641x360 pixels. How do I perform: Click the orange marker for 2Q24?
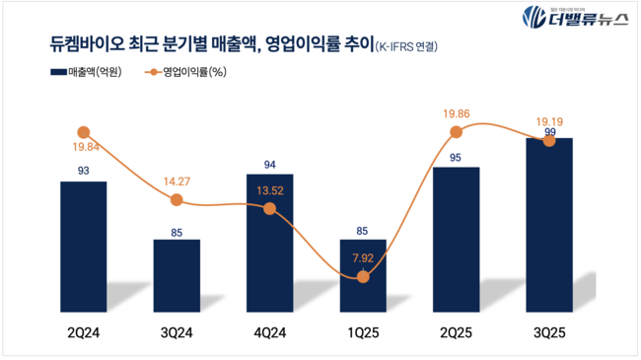tap(83, 132)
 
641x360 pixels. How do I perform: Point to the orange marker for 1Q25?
tap(363, 277)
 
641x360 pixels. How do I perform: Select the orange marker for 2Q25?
tap(456, 132)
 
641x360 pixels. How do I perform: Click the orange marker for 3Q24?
tap(177, 200)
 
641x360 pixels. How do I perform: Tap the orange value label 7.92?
tap(363, 259)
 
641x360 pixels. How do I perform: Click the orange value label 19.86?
tap(456, 113)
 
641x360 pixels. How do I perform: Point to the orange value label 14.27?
tap(177, 181)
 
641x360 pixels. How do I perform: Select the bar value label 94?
tap(269, 164)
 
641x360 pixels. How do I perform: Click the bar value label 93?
tap(83, 172)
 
